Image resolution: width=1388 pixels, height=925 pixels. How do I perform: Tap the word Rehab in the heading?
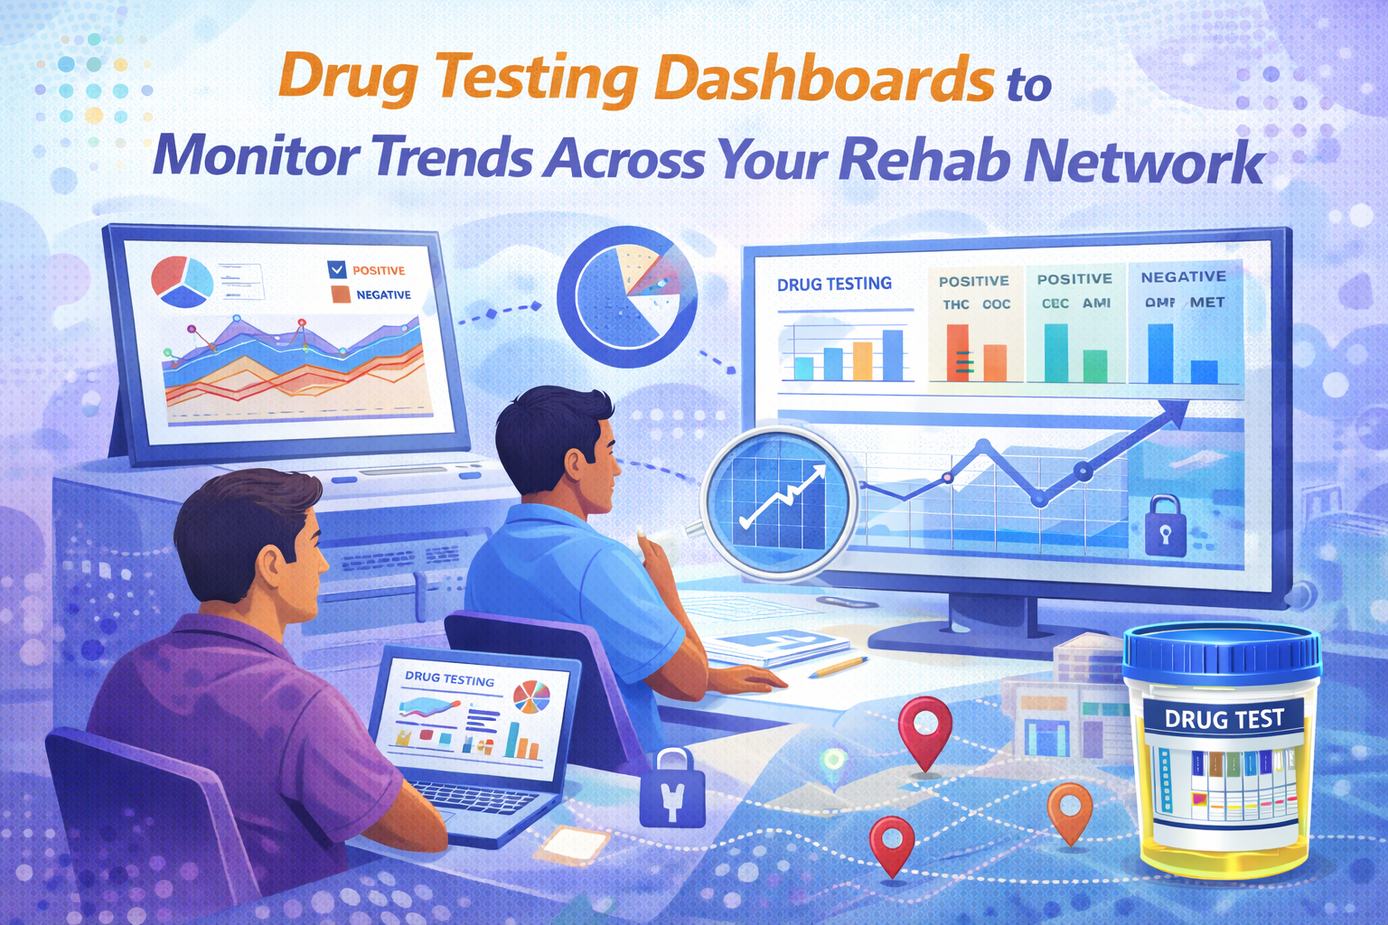(924, 160)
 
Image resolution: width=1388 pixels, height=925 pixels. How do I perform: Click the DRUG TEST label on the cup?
(1224, 719)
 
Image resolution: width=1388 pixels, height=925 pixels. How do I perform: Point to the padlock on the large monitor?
(1165, 525)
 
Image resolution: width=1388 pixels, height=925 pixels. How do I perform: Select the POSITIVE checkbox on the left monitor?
(337, 269)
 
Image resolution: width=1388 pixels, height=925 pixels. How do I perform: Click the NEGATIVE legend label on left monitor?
(383, 294)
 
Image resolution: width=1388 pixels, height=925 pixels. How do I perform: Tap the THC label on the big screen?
(956, 304)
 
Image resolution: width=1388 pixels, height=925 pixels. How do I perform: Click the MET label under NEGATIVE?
(1207, 303)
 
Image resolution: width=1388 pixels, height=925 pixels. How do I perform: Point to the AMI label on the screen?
(1096, 304)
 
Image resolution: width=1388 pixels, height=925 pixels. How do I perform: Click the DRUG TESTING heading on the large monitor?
(834, 284)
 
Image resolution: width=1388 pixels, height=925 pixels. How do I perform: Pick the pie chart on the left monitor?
(182, 278)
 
